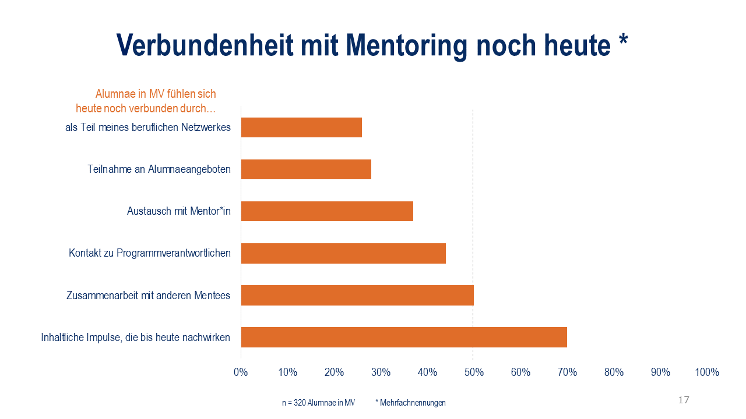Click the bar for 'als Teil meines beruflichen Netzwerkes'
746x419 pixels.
coord(301,127)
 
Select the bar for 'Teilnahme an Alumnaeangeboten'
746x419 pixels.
coord(306,169)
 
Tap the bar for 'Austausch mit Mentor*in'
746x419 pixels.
coord(327,211)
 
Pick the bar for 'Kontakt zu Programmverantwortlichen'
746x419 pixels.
coord(343,253)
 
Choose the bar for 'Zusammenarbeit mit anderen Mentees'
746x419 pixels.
coord(357,295)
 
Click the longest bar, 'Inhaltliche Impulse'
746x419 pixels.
coord(404,337)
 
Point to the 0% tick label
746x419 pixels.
coord(241,372)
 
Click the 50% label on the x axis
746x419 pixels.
coord(474,372)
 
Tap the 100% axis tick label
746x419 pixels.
coord(707,372)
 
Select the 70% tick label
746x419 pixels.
coord(567,372)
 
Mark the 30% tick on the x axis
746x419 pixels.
coord(381,372)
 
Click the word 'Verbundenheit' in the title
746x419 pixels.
coord(205,45)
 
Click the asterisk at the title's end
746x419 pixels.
coord(623,41)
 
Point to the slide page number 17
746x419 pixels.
coord(684,400)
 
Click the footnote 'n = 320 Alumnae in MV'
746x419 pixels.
coord(318,403)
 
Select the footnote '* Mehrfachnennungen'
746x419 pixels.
coord(410,403)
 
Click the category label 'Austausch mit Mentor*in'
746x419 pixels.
coord(179,211)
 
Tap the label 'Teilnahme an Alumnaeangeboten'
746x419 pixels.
coord(159,169)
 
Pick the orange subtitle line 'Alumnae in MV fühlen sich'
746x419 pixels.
coord(156,94)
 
